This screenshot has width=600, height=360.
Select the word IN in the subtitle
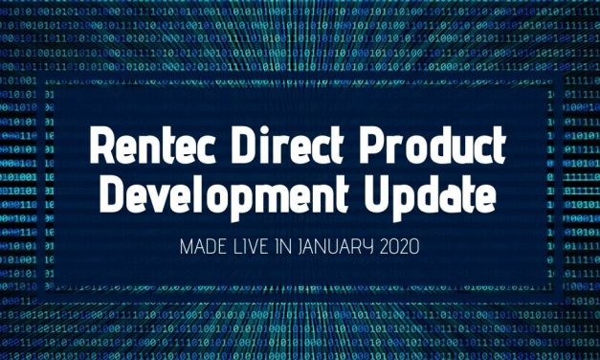[x=285, y=247]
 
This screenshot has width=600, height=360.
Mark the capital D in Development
[x=114, y=197]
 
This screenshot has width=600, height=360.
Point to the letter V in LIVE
[x=255, y=247]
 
